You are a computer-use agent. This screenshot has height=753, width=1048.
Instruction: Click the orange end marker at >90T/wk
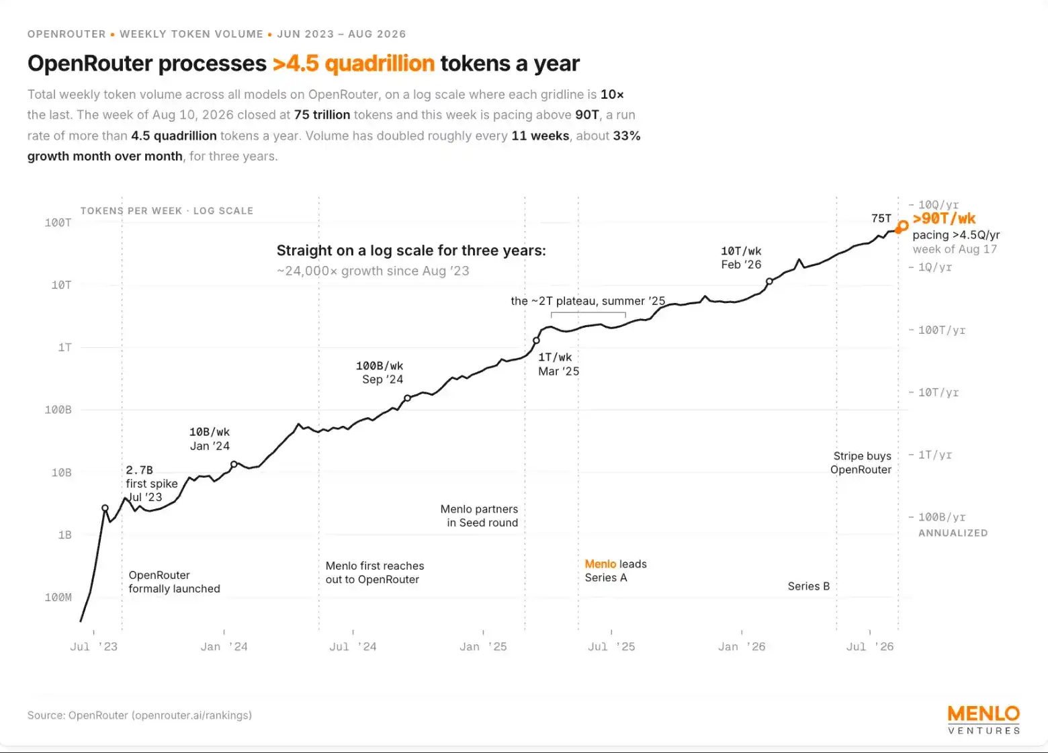point(902,226)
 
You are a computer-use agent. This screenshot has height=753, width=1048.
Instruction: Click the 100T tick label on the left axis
point(58,222)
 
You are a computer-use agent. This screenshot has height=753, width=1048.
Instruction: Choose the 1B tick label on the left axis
point(65,535)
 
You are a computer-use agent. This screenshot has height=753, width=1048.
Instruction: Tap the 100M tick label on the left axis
point(58,597)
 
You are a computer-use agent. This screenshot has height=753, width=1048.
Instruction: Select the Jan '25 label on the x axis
point(483,647)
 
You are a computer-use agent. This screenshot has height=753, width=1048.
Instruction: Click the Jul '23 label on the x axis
point(93,647)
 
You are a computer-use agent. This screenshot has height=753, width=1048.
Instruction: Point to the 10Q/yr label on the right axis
point(938,205)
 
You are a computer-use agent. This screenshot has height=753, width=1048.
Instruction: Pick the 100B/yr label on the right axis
point(942,517)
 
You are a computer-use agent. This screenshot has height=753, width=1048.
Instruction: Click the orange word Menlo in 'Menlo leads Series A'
point(601,564)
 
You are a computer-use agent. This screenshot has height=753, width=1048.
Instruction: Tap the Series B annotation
point(808,586)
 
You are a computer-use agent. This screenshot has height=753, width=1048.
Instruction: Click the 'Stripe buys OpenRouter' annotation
point(861,463)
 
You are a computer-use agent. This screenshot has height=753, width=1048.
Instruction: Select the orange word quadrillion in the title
point(380,64)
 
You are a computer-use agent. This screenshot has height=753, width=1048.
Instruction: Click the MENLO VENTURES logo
point(984,720)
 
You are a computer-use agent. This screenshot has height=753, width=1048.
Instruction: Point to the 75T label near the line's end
point(881,218)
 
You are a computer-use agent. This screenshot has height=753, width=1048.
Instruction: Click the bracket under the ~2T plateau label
point(588,313)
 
